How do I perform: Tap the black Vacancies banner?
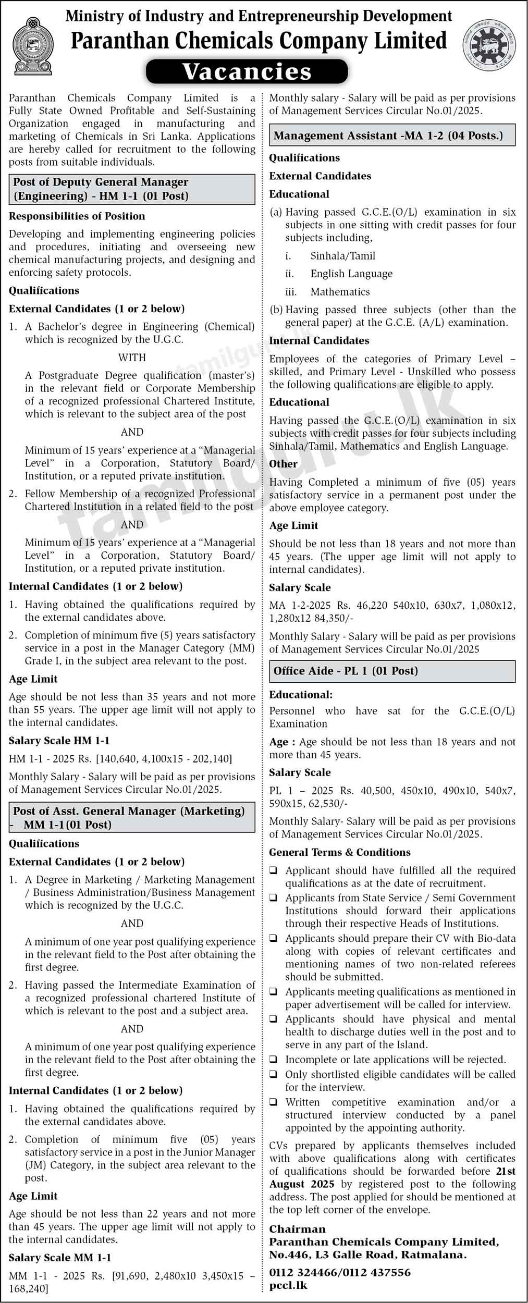tap(247, 71)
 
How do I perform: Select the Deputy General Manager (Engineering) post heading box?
tap(132, 189)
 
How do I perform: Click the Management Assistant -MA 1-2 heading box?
tap(392, 136)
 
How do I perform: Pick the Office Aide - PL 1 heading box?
tap(392, 671)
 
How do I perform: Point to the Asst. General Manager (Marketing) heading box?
tap(132, 818)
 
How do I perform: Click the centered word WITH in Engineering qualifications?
tap(132, 358)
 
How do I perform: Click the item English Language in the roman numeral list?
tap(351, 274)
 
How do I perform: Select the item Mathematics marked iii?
tap(340, 292)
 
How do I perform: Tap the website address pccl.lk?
tap(288, 1286)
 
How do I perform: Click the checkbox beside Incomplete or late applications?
tap(274, 1060)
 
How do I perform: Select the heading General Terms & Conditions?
tap(339, 852)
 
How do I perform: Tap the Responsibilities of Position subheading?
tap(77, 216)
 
